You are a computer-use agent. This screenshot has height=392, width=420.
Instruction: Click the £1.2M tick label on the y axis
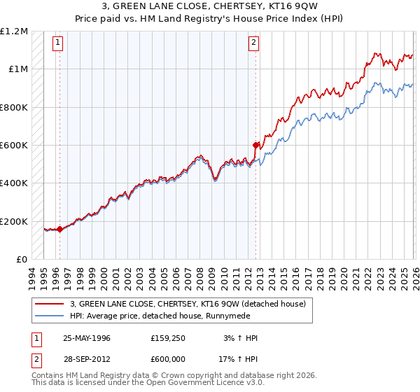point(14,31)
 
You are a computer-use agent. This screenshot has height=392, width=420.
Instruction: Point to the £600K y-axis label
point(14,145)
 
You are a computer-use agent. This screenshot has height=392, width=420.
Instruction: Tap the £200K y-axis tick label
point(14,221)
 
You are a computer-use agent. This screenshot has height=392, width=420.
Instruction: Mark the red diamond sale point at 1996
point(59,228)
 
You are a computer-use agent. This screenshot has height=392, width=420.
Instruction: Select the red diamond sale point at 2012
point(255,145)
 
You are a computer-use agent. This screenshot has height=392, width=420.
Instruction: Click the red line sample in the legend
point(49,304)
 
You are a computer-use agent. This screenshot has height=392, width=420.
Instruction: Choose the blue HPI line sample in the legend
point(49,316)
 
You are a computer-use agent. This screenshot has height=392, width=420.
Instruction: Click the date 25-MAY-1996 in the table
point(87,337)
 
